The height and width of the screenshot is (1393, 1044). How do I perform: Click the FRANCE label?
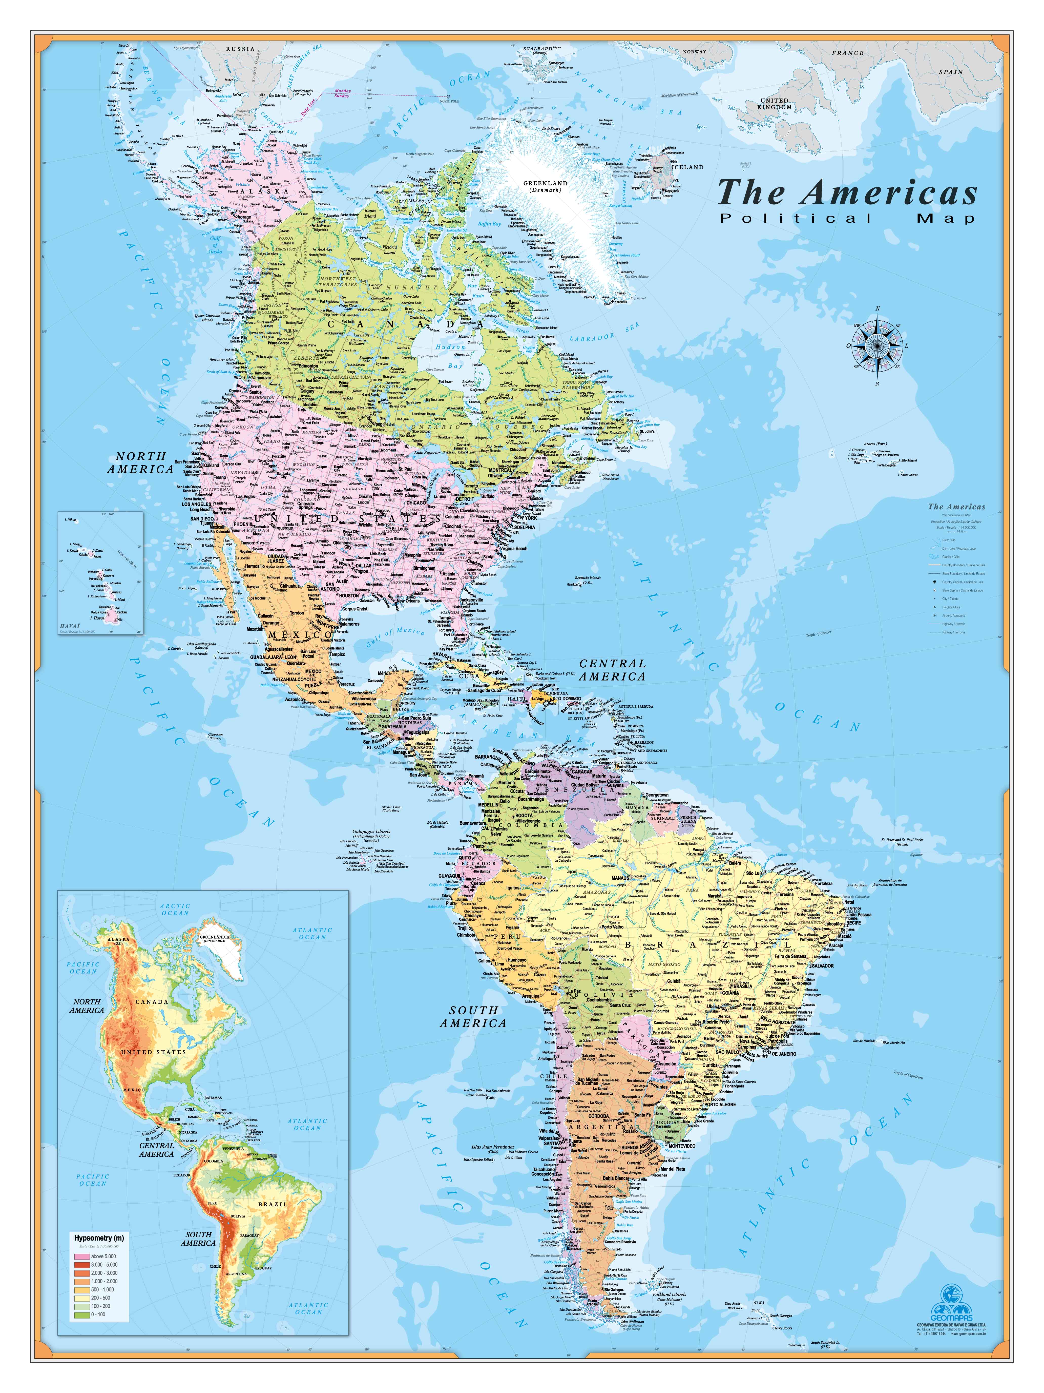point(848,53)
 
